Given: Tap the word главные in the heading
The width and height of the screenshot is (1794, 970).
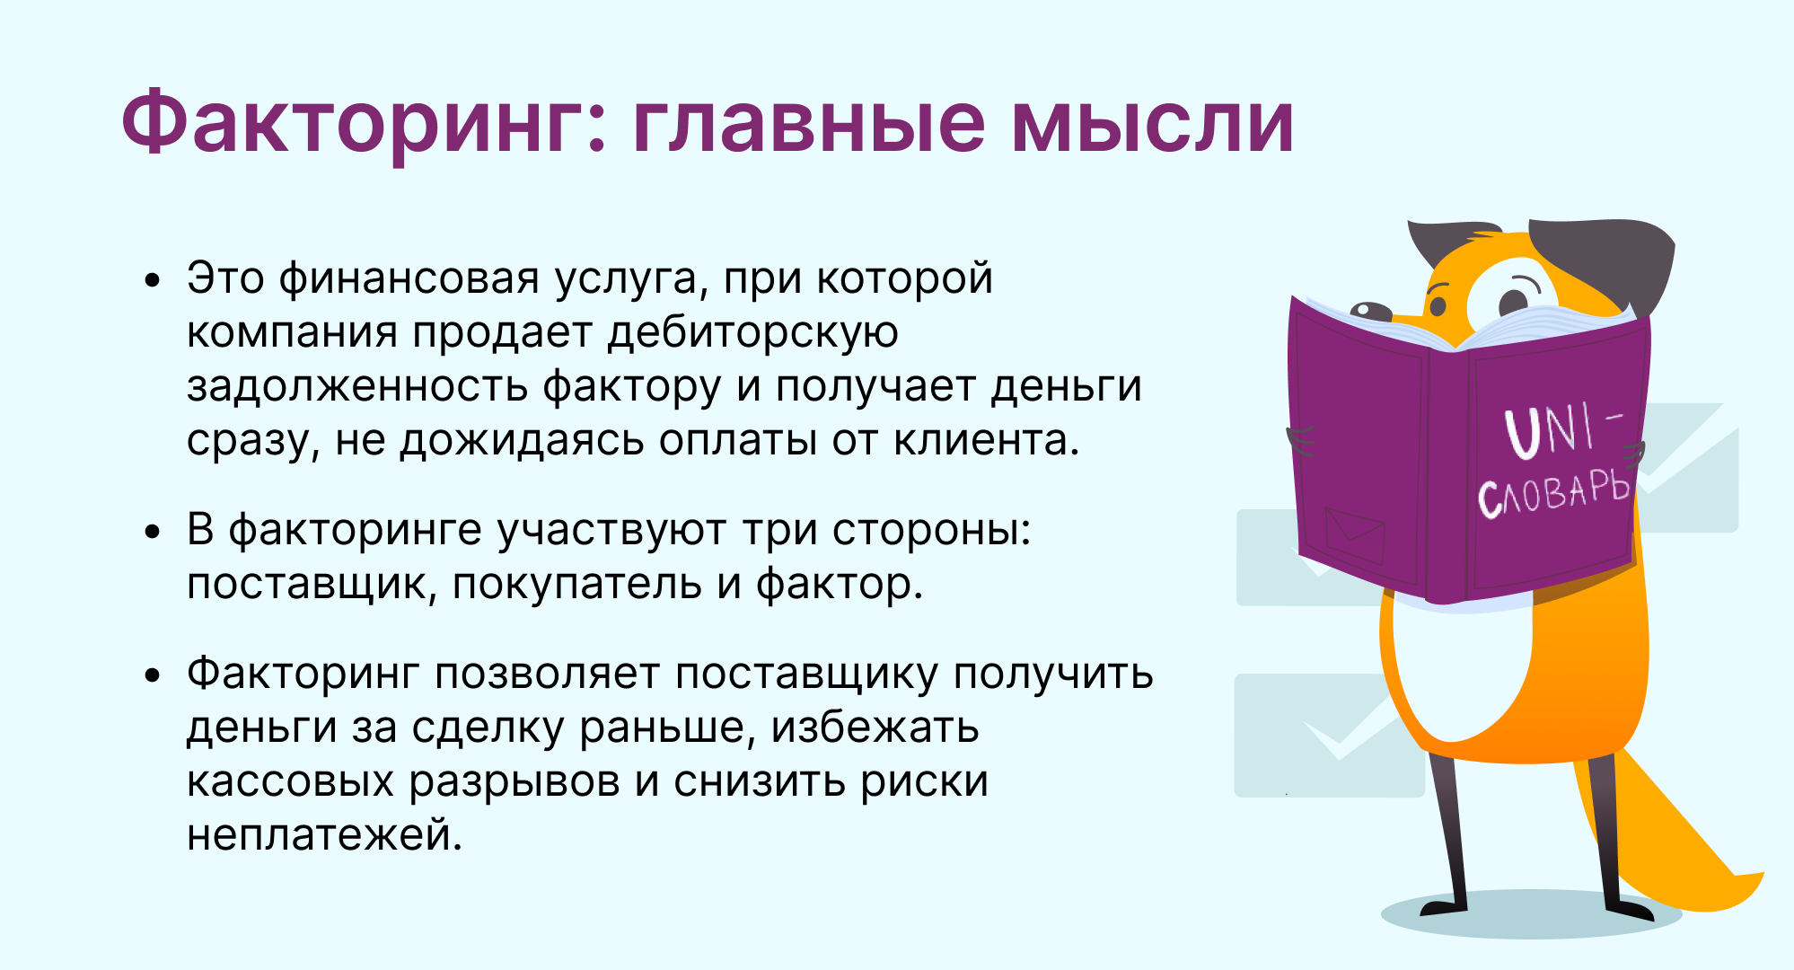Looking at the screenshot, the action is tap(808, 122).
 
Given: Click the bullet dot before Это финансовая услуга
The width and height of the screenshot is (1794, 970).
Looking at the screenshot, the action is tap(153, 280).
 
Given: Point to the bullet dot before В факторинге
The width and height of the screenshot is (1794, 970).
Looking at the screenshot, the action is tap(153, 532).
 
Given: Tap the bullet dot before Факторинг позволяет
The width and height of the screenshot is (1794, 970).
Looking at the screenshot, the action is tap(153, 675).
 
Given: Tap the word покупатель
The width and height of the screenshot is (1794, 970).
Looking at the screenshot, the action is tap(577, 585).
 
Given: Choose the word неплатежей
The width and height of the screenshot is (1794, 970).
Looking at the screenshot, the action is tap(324, 836).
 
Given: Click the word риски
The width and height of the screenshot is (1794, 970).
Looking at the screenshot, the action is tap(924, 782).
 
